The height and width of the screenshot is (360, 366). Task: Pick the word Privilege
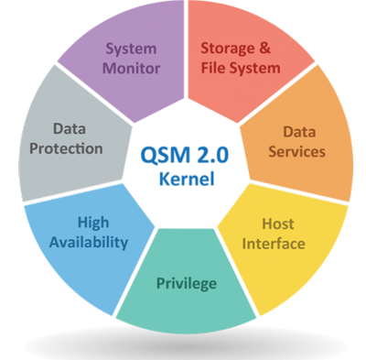tap(186, 282)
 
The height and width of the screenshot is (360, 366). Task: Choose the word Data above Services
tap(297, 132)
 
